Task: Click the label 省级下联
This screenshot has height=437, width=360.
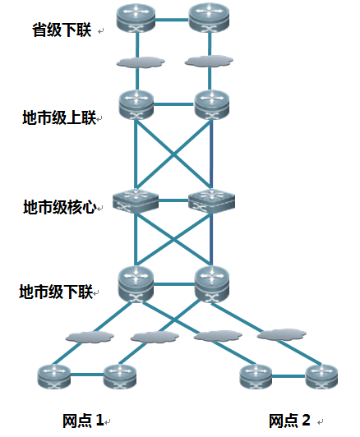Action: pos(62,30)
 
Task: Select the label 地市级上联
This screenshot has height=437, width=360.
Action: pos(59,117)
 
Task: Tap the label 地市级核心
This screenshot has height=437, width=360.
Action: pos(60,207)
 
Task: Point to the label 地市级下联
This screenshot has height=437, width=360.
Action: pos(56,292)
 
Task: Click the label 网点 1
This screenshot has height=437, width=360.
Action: pos(83,421)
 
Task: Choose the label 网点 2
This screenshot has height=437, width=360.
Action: pos(289,421)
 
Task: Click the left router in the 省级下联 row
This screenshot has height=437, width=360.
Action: pos(136,18)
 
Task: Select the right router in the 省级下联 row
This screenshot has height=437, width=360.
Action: pos(209,18)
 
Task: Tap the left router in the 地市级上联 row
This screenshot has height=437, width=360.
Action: pos(136,105)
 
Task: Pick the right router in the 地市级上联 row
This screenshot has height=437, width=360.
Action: pos(211,105)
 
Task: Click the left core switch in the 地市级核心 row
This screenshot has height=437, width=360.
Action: pos(136,201)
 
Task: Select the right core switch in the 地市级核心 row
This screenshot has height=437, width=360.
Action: pos(211,201)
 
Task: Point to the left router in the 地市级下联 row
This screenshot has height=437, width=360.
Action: pos(136,284)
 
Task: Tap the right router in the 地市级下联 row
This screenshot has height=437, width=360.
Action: pos(212,284)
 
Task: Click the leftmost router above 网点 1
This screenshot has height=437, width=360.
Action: pos(53,376)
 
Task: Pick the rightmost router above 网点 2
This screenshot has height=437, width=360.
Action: pos(321,376)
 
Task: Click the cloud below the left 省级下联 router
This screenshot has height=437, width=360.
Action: pos(141,62)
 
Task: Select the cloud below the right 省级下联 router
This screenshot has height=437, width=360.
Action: pos(209,62)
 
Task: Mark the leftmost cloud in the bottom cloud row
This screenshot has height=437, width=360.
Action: pos(90,337)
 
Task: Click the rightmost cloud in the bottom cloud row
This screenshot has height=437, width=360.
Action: pos(282,334)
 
